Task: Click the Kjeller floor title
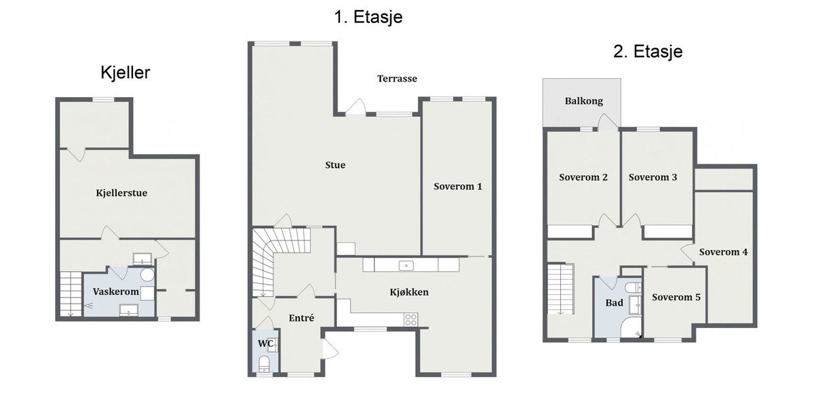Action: pos(125,73)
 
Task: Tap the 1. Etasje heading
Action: pos(368,17)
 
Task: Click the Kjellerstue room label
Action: pos(121,193)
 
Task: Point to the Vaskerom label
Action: pos(116,291)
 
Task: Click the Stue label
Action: pos(335,165)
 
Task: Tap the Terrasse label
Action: pos(397,79)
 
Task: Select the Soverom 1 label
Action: pos(458,186)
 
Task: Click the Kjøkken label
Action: pos(409,293)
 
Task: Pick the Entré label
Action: pos(301,318)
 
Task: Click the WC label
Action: pos(265,344)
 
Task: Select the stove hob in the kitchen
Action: pos(411,319)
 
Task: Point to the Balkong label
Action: pos(583,101)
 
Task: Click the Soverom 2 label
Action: pos(583,177)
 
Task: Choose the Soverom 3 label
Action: pos(653,177)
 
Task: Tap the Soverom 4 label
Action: pos(723,251)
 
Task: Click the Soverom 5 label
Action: pos(676,297)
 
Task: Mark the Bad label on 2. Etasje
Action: pos(614,303)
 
